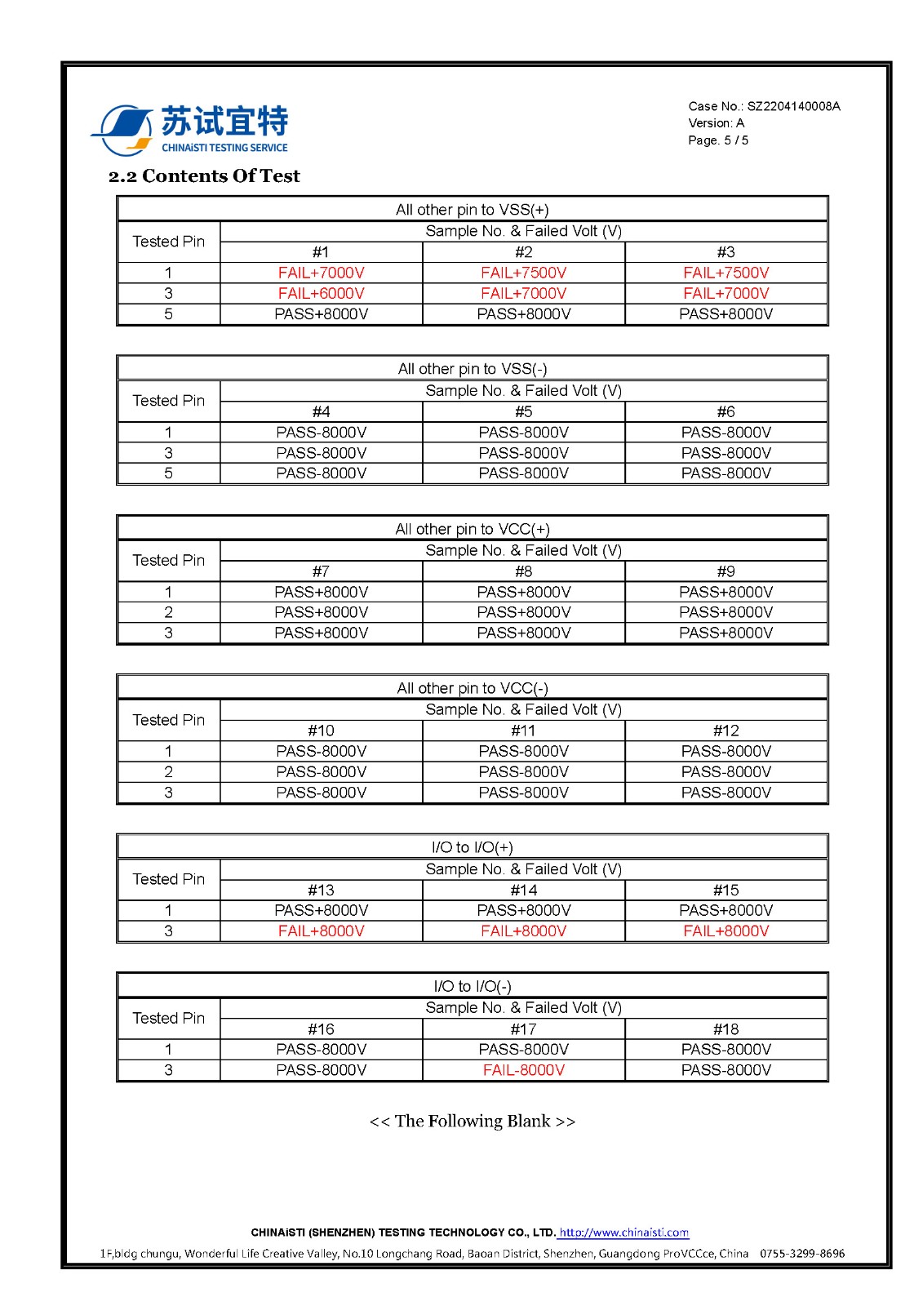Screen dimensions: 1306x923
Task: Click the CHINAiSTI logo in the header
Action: click(x=189, y=129)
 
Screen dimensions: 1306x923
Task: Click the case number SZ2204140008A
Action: click(x=793, y=106)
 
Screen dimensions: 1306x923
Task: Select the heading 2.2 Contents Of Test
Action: click(x=204, y=176)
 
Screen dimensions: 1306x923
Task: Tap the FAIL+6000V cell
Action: click(x=321, y=293)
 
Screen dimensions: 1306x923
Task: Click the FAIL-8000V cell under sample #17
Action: click(x=523, y=1070)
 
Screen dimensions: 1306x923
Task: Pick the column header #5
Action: click(x=523, y=411)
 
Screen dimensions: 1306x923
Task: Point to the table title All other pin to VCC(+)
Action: click(x=473, y=529)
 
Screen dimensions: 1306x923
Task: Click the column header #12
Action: click(x=726, y=731)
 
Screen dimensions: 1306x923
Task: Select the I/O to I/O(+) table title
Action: click(x=473, y=847)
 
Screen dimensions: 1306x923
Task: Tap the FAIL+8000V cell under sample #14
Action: click(x=523, y=931)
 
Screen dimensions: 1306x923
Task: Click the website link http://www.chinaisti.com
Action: click(x=623, y=1233)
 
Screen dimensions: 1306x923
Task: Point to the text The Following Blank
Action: click(x=473, y=1122)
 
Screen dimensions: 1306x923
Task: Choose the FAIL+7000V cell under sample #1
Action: click(x=321, y=273)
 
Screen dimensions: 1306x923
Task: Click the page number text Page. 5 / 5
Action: click(x=718, y=140)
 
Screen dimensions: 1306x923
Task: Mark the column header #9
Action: click(x=726, y=571)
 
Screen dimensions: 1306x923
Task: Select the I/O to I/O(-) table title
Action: click(x=473, y=986)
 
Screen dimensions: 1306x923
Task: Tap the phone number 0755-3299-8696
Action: click(x=802, y=1254)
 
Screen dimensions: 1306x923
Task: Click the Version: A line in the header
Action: click(x=717, y=123)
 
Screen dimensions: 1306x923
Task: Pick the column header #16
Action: click(x=321, y=1029)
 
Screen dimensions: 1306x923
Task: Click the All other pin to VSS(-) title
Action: click(x=473, y=369)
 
